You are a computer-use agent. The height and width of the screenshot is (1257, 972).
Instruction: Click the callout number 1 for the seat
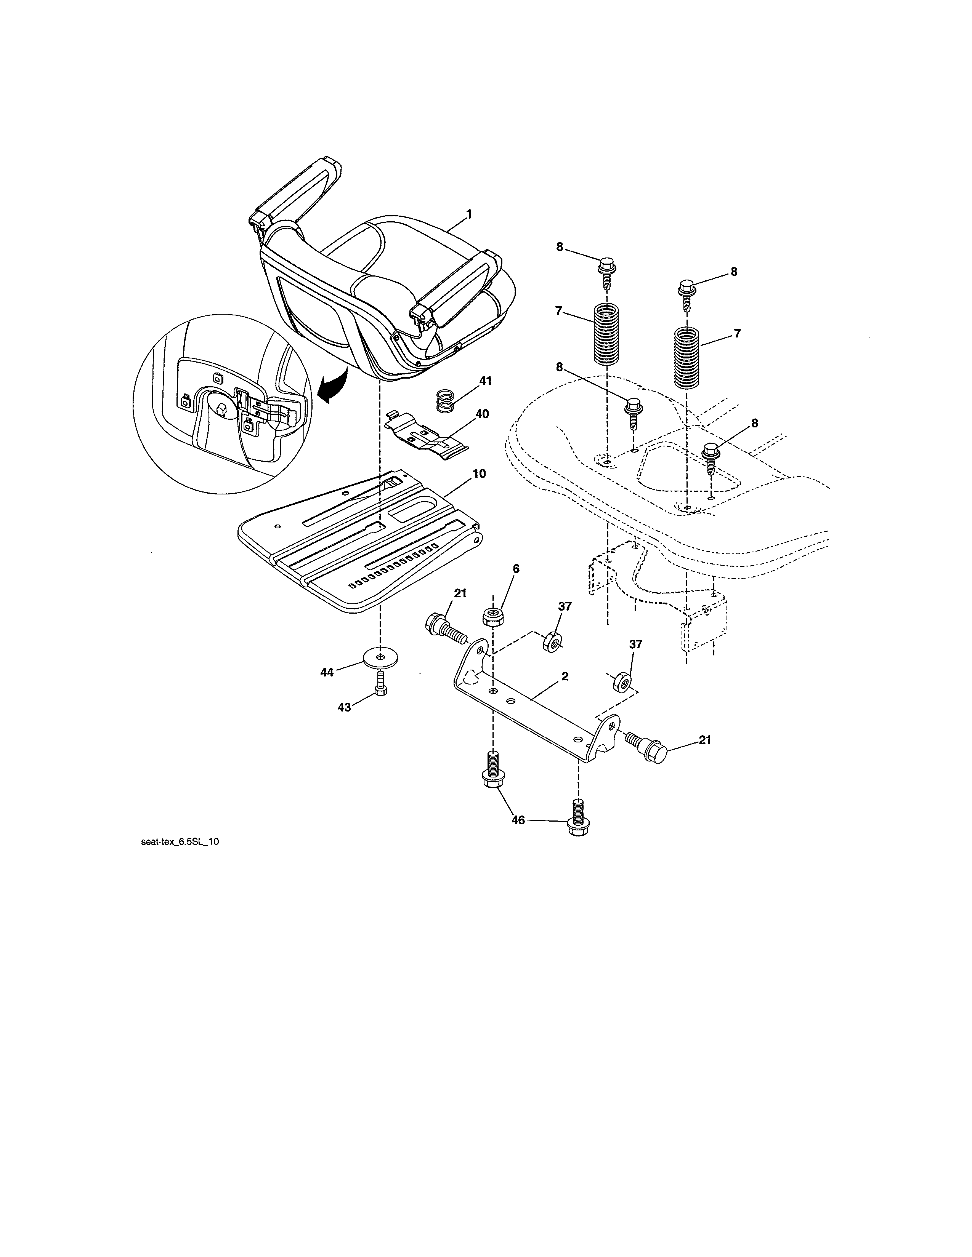click(x=469, y=214)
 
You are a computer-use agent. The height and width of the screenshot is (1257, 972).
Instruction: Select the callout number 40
click(x=482, y=414)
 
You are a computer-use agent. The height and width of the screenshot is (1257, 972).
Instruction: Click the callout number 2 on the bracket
click(x=565, y=676)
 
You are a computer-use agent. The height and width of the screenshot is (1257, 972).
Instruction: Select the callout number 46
click(x=518, y=820)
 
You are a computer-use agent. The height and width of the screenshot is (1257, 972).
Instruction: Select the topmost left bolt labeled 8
click(x=606, y=268)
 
